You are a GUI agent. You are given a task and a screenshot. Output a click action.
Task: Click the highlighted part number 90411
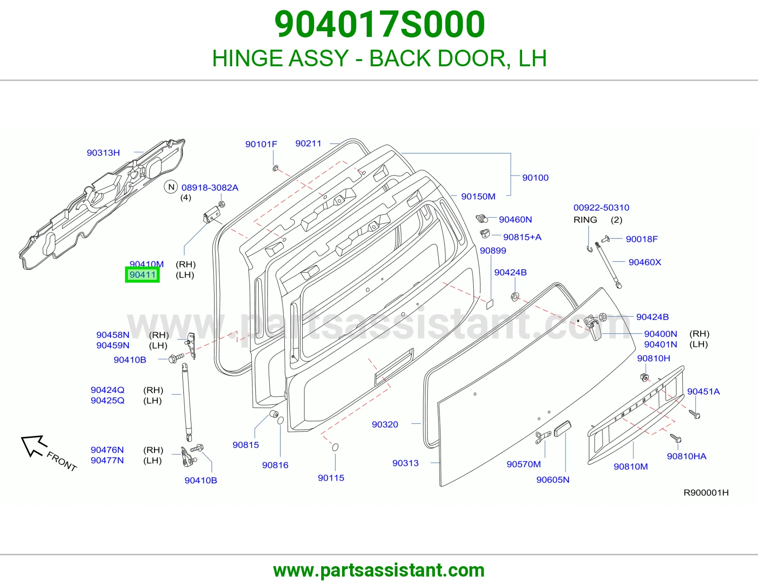click(x=142, y=275)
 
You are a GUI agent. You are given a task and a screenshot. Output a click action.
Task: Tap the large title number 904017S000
click(x=379, y=24)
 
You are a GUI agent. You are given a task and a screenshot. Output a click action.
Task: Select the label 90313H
click(x=103, y=153)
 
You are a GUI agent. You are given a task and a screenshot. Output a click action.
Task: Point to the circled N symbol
click(x=171, y=187)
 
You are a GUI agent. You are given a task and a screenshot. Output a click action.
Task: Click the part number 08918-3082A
click(x=210, y=187)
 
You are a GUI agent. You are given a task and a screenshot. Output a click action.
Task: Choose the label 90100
click(x=535, y=178)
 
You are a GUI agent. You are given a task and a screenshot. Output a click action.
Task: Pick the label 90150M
click(x=478, y=196)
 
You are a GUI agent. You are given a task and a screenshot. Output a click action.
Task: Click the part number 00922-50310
click(x=601, y=208)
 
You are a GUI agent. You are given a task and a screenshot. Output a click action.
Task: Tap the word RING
click(x=586, y=220)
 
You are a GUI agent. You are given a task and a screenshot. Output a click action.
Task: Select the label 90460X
click(x=645, y=262)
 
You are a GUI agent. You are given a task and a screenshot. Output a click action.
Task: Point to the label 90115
click(x=331, y=478)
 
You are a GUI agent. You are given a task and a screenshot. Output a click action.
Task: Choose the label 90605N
click(x=553, y=480)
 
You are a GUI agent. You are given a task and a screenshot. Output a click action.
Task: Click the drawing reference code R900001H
click(x=706, y=492)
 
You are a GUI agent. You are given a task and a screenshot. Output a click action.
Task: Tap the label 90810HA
click(x=686, y=456)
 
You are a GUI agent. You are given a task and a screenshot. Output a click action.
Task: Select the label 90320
click(x=385, y=425)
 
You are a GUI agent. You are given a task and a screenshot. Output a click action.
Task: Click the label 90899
click(x=493, y=250)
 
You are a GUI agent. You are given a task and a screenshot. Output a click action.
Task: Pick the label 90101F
click(x=261, y=144)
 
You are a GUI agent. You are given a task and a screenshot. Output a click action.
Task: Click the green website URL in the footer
click(x=379, y=570)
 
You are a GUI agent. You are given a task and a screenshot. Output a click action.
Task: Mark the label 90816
click(x=275, y=465)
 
